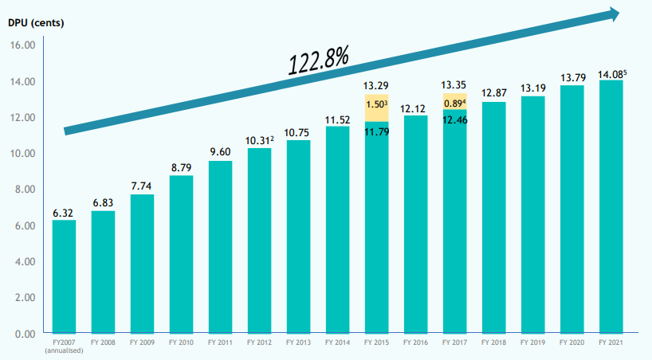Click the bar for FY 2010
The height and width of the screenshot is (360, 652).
pyautogui.click(x=181, y=253)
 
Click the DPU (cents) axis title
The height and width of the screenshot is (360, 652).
pyautogui.click(x=36, y=22)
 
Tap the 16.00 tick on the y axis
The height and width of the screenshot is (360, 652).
pyautogui.click(x=23, y=45)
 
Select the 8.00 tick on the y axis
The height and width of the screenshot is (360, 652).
pyautogui.click(x=25, y=190)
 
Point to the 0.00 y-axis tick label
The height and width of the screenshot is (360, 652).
pyautogui.click(x=25, y=334)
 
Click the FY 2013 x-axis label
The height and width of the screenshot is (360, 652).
pyautogui.click(x=298, y=342)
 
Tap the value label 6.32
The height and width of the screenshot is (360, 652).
pyautogui.click(x=65, y=213)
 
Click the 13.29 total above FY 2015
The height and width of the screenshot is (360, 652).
pyautogui.click(x=376, y=85)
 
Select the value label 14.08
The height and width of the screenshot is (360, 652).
pyautogui.click(x=609, y=74)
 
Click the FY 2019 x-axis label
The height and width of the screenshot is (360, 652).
pyautogui.click(x=532, y=342)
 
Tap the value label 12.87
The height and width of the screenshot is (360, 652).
pyautogui.click(x=493, y=93)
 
